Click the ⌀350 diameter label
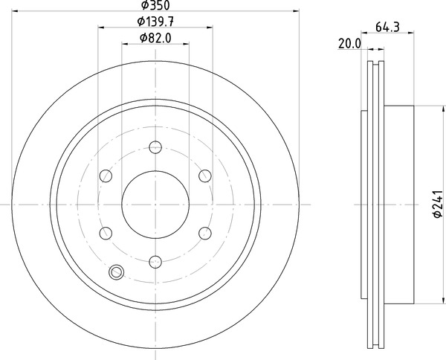(x=155, y=6)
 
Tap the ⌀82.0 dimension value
(x=155, y=39)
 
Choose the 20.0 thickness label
(x=349, y=43)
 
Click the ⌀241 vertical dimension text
(x=437, y=203)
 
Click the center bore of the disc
(x=155, y=203)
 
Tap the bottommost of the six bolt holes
(x=155, y=261)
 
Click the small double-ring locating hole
(x=117, y=272)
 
